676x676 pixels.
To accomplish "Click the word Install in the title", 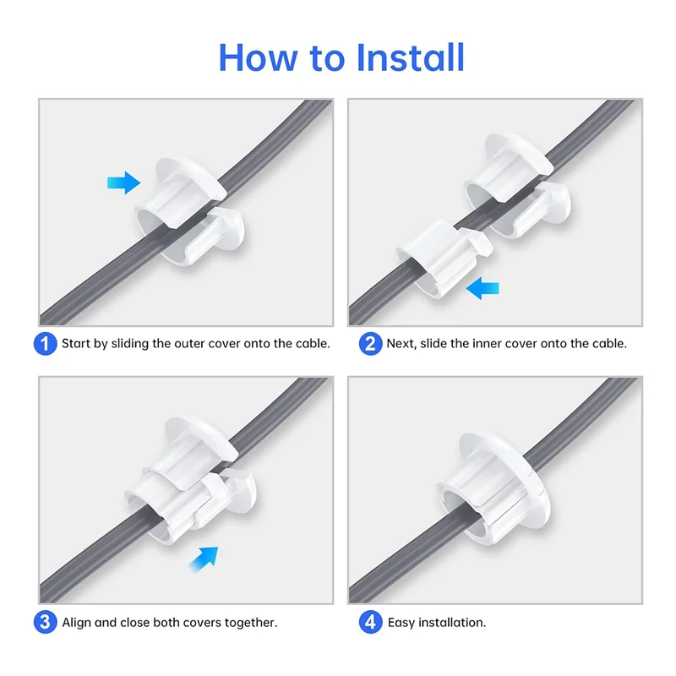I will (x=410, y=57).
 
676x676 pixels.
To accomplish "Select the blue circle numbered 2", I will (x=369, y=344).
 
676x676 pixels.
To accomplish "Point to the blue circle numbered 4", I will (x=369, y=623).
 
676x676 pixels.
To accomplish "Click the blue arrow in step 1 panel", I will (x=123, y=181).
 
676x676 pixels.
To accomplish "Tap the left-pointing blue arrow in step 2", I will (x=483, y=289).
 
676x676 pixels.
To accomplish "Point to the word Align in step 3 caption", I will (x=78, y=623).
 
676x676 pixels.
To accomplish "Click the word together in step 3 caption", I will (x=250, y=623).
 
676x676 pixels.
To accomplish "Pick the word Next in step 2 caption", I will (x=402, y=344).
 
